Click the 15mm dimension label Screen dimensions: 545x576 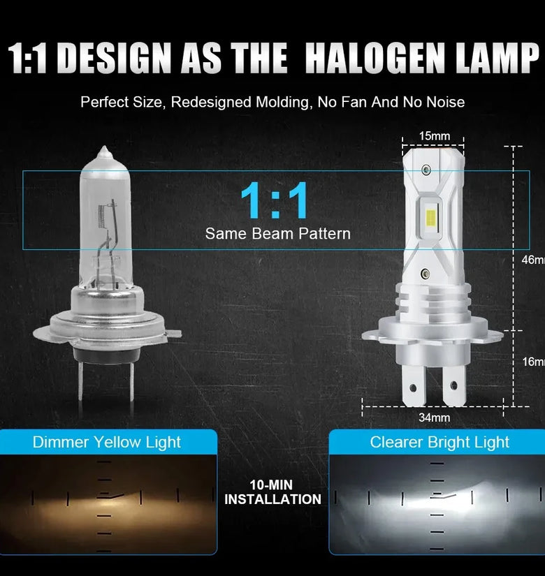(435, 136)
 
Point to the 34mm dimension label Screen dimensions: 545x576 (435, 418)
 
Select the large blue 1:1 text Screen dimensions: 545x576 (275, 200)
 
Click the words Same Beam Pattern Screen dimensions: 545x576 (277, 234)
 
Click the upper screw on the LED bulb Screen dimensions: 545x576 (426, 170)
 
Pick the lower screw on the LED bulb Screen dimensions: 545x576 (425, 274)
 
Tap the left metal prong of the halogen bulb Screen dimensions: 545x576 (80, 378)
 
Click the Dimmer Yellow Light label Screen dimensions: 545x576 (107, 442)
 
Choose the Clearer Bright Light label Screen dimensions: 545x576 (439, 442)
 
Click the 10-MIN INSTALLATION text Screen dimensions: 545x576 (272, 492)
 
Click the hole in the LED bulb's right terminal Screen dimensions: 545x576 (453, 385)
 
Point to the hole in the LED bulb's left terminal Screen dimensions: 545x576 (412, 388)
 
